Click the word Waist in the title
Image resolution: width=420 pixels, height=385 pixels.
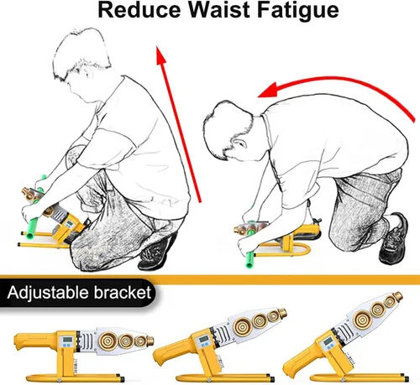[x=218, y=10]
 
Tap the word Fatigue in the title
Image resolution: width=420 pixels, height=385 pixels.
[x=297, y=12]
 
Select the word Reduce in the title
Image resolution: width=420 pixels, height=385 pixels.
[x=139, y=10]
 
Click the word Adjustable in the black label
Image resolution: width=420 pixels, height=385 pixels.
[x=48, y=293]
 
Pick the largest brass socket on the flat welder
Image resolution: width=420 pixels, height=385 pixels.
[x=108, y=341]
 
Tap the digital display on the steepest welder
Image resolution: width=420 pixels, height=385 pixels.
[x=328, y=342]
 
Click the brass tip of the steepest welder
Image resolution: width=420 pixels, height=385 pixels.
[x=398, y=295]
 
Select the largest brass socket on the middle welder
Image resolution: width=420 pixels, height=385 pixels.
[x=242, y=325]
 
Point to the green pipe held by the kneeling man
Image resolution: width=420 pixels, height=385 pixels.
[x=249, y=247]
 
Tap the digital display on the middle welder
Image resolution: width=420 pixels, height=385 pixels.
[x=203, y=339]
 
